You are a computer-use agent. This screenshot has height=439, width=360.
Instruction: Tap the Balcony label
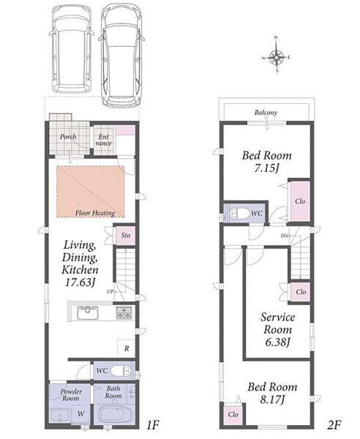pyautogui.click(x=266, y=113)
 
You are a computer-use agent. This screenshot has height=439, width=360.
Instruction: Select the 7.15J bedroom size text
pyautogui.click(x=266, y=168)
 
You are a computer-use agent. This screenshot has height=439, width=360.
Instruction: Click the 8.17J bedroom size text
pyautogui.click(x=272, y=399)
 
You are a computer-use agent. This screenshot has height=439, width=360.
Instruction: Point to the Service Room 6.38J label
pyautogui.click(x=277, y=329)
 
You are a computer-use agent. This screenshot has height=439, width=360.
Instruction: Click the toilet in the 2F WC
pyautogui.click(x=239, y=214)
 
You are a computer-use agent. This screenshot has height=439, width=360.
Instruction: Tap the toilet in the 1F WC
pyautogui.click(x=121, y=371)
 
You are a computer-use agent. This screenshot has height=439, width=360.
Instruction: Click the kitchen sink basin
pyautogui.click(x=88, y=312)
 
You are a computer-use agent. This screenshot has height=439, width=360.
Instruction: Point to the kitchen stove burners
pyautogui.click(x=124, y=313)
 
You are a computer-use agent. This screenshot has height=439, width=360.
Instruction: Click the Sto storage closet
pyautogui.click(x=126, y=235)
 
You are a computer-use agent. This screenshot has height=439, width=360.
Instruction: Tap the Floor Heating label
pyautogui.click(x=95, y=214)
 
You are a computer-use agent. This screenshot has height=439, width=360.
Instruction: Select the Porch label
pyautogui.click(x=68, y=137)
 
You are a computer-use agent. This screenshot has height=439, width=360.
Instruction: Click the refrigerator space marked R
pyautogui.click(x=127, y=348)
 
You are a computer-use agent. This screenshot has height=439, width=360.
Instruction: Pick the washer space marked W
pyautogui.click(x=81, y=413)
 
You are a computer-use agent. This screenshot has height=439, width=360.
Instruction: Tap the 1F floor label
pyautogui.click(x=153, y=426)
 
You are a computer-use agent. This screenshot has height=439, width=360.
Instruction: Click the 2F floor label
pyautogui.click(x=334, y=426)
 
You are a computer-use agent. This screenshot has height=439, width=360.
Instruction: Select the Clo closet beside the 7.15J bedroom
pyautogui.click(x=300, y=201)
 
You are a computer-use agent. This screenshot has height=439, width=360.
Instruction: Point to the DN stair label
pyautogui.click(x=285, y=236)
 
